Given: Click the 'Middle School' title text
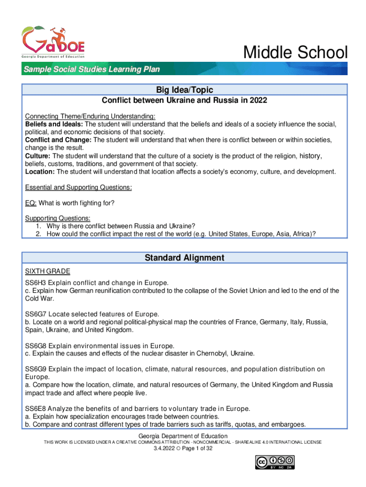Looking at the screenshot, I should [x=295, y=53].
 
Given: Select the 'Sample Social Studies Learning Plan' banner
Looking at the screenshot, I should [x=92, y=70].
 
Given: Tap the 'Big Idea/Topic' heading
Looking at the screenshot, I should [x=184, y=90].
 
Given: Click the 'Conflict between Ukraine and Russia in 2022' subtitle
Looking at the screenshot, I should [x=184, y=101].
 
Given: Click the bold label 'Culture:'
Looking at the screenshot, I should [x=38, y=156].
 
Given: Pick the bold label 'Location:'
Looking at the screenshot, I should [x=40, y=172].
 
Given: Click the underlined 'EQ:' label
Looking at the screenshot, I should [x=30, y=203].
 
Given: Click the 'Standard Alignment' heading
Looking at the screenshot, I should [x=184, y=258].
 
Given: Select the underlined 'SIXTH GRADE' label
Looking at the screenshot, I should [x=48, y=271].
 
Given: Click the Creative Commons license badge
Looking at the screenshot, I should [x=275, y=462].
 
